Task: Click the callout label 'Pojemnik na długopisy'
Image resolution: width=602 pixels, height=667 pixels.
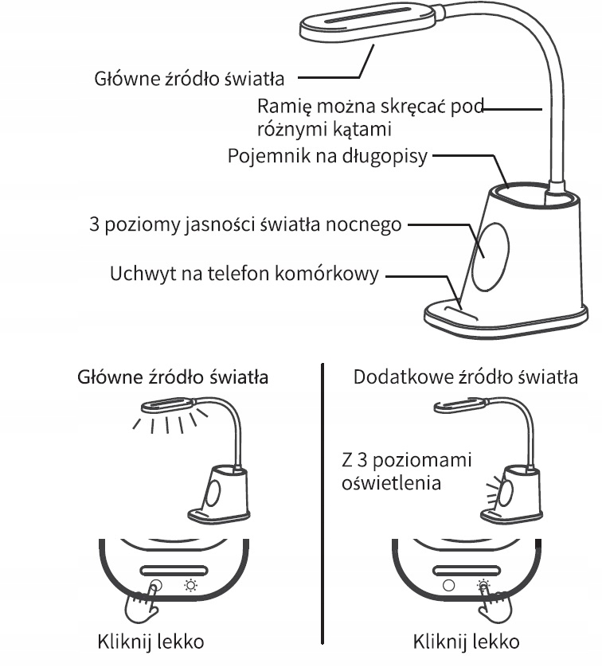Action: click(x=326, y=157)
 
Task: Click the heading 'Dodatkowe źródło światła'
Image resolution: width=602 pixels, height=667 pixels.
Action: click(x=465, y=376)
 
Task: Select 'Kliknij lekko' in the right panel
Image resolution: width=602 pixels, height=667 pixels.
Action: click(x=467, y=642)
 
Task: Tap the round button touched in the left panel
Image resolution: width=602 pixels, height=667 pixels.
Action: click(x=155, y=584)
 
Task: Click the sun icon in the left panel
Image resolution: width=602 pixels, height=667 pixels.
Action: click(x=190, y=584)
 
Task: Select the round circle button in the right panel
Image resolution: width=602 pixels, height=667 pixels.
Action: click(x=448, y=584)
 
